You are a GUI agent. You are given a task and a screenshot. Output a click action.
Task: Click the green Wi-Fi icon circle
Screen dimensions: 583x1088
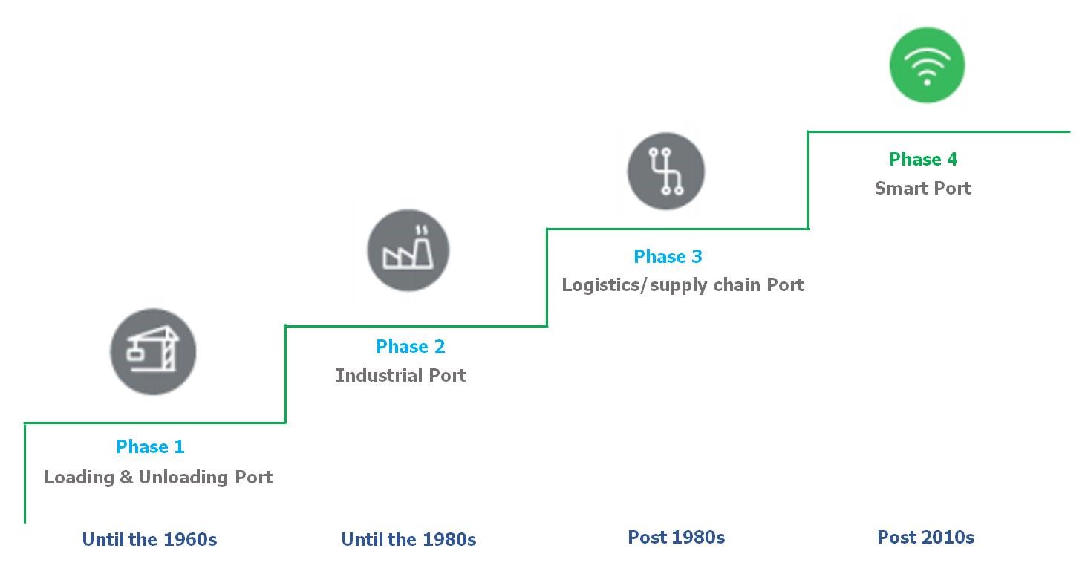[x=927, y=65]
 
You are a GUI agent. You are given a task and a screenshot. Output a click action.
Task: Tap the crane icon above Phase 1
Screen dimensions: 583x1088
[x=153, y=351]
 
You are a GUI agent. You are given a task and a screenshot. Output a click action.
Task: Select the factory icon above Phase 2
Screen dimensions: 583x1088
[x=408, y=250]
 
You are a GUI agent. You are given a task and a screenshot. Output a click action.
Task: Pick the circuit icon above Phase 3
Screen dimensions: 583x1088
[x=665, y=171]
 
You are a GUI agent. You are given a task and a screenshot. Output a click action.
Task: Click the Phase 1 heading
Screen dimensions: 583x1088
[x=150, y=446]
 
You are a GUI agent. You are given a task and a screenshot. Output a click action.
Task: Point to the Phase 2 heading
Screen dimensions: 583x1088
[x=411, y=346]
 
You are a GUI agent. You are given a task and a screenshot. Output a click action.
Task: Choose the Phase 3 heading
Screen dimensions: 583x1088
[x=668, y=256]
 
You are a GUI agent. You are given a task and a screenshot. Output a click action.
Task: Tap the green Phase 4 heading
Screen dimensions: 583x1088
[x=923, y=159]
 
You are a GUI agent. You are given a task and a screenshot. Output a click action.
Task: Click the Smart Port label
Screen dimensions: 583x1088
[x=922, y=188]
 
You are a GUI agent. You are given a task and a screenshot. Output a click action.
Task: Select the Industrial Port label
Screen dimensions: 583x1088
[x=401, y=375]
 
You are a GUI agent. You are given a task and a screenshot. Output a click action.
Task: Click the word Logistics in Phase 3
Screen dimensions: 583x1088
[x=603, y=285]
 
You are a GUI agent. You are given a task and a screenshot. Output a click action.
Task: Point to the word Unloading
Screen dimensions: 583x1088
[x=185, y=477]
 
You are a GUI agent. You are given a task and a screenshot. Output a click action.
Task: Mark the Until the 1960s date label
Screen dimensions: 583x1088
[x=149, y=539]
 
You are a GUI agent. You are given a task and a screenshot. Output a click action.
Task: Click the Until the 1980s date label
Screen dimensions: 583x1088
[x=408, y=539]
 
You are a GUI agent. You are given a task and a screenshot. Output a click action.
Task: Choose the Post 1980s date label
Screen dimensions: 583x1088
[x=676, y=537]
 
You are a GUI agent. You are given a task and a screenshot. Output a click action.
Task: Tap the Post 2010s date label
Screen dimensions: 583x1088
[x=925, y=537]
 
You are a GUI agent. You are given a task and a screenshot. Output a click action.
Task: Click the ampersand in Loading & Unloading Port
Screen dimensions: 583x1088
[x=127, y=477]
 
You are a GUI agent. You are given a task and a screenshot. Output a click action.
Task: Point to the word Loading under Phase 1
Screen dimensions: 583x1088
[x=79, y=477]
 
